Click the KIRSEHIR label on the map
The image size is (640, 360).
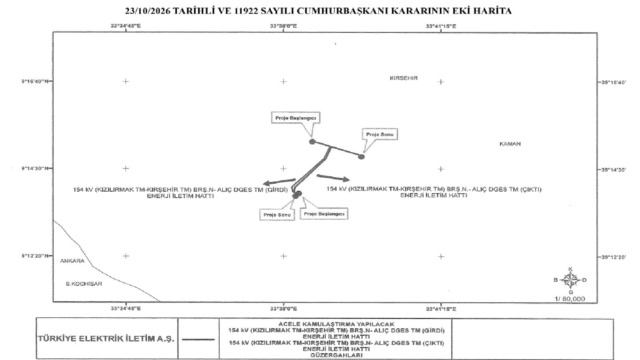[x=404, y=78]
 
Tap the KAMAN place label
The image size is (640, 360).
[x=510, y=144]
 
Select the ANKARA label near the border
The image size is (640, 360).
[x=72, y=261]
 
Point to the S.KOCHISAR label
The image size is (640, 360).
[x=84, y=284]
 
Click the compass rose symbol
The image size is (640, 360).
[x=570, y=280]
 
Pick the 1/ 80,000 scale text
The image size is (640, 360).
[x=570, y=298]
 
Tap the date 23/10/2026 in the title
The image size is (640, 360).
[x=148, y=11]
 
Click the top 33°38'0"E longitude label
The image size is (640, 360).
[x=284, y=26]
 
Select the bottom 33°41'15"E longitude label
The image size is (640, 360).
[x=441, y=309]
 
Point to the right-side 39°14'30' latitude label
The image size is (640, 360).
[x=614, y=170]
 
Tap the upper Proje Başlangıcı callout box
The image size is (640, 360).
[x=296, y=118]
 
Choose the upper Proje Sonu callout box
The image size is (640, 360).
[x=380, y=134]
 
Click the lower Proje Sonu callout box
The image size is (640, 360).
[x=277, y=215]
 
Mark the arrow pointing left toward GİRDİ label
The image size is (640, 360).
[x=279, y=182]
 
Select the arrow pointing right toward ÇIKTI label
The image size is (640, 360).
[x=333, y=178]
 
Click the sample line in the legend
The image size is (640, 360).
[x=198, y=340]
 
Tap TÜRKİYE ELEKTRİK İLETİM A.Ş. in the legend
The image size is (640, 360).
[x=106, y=339]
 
